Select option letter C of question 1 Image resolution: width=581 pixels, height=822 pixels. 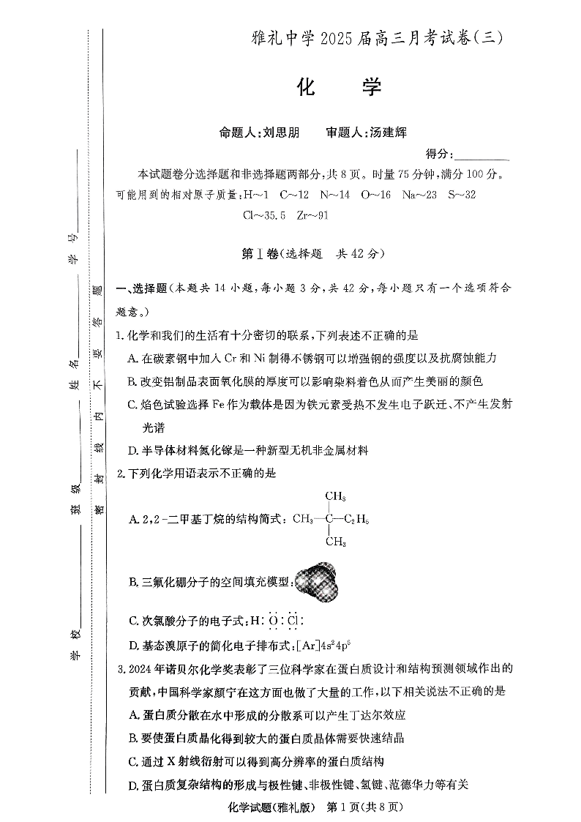coord(132,404)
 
